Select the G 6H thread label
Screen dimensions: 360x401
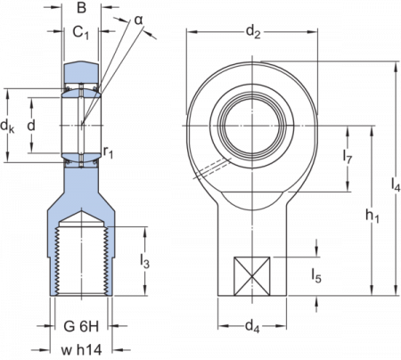tap(79, 321)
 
